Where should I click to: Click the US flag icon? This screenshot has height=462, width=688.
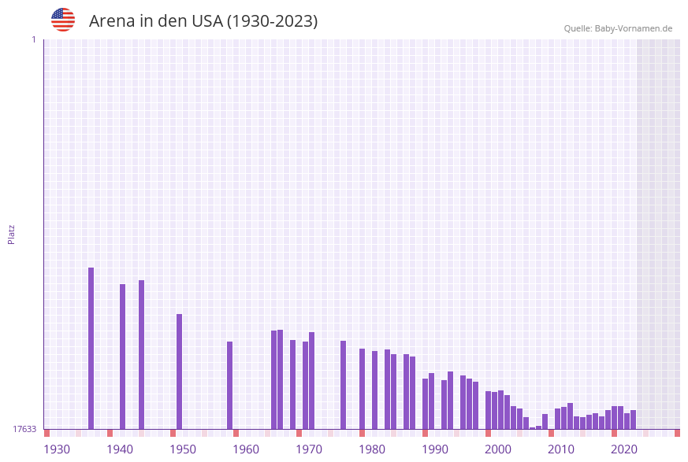63,20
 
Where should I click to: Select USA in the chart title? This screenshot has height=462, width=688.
206,21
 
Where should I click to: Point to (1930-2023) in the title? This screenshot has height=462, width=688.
272,21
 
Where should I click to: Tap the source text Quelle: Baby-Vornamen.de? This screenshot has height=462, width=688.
618,28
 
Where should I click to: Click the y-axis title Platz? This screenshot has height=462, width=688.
12,235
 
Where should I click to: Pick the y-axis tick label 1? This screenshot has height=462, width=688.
33,39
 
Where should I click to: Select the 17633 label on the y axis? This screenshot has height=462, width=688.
24,429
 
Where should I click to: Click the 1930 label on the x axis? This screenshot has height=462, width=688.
57,449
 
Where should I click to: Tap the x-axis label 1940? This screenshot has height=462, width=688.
120,449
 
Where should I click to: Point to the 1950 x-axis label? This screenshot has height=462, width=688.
183,449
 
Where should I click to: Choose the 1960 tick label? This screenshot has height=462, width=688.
246,449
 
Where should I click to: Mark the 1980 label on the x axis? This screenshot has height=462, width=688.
372,449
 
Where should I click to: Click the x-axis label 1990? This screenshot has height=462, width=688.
435,449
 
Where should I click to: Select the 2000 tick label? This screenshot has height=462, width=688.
498,449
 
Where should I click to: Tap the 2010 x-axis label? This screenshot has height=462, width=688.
561,449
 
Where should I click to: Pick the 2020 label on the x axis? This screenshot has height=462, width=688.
624,449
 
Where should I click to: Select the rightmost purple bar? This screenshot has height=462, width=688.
633,419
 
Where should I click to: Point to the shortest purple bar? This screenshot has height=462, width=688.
532,428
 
